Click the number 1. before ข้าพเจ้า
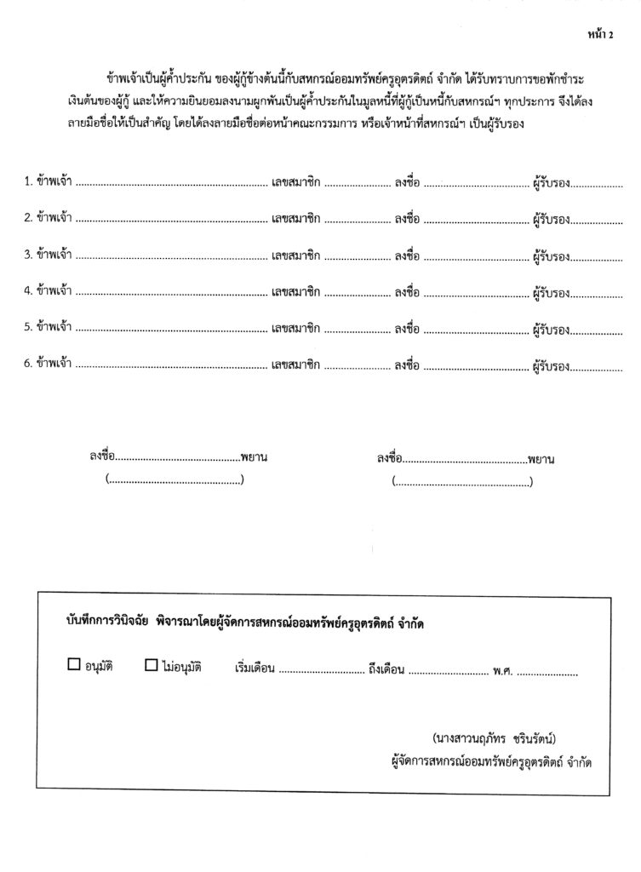coord(28,181)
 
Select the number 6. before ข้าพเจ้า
coord(28,364)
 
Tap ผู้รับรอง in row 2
coord(551,218)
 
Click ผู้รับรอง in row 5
coord(551,328)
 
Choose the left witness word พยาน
coord(255,458)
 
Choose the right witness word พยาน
coord(541,458)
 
